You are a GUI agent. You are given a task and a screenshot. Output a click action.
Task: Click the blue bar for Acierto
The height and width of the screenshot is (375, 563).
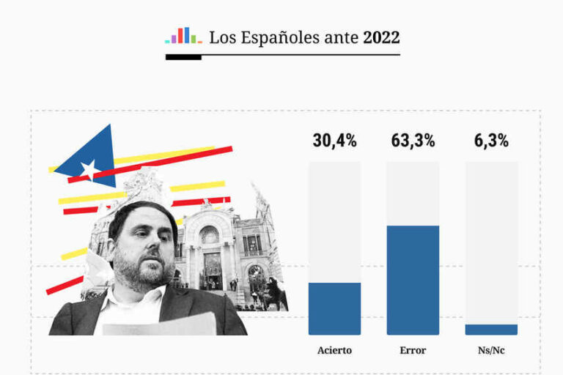click(334, 308)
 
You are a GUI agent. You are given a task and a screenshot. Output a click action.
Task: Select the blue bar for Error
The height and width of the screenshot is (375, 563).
click(413, 280)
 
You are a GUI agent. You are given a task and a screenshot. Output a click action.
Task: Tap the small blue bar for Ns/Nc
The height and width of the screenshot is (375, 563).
click(491, 330)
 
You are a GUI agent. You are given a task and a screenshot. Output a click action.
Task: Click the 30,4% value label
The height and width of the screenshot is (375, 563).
click(334, 141)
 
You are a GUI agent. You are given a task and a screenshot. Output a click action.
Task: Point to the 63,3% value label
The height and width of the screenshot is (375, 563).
click(413, 141)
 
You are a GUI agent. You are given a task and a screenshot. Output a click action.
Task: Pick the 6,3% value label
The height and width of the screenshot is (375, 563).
click(491, 141)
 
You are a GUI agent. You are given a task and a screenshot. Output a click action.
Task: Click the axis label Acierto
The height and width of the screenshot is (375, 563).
click(334, 350)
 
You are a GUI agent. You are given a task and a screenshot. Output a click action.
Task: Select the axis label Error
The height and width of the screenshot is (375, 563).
click(413, 350)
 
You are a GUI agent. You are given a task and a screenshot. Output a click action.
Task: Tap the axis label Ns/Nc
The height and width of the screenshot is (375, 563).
click(491, 350)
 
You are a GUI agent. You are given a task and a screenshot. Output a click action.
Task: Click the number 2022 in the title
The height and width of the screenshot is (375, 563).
click(381, 37)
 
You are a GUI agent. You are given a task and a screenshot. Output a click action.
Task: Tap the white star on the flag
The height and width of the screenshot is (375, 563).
click(89, 171)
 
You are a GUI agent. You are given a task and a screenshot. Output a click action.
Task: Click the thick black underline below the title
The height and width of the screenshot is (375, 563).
click(183, 57)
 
